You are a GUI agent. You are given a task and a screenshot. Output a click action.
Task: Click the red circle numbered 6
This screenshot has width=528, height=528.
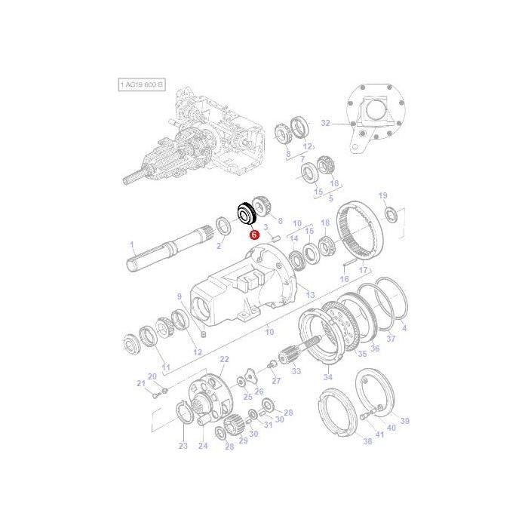254,235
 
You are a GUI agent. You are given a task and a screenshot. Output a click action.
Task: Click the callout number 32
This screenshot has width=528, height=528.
325,122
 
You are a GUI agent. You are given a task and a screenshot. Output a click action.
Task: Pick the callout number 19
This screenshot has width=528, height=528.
382,195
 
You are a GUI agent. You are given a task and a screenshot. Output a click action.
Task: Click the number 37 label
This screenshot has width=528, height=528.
390,339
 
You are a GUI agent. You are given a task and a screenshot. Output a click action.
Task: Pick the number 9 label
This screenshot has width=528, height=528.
180,296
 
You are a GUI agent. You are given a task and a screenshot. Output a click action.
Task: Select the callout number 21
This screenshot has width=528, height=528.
140,385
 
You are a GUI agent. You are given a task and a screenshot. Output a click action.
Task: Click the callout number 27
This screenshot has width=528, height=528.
276,381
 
